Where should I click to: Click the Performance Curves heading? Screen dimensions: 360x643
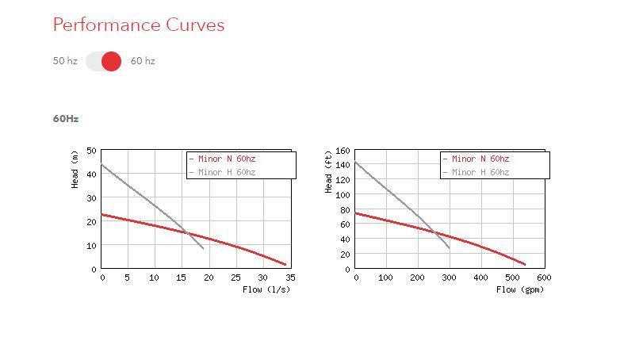[138, 25]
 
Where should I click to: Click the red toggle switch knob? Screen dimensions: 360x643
[112, 61]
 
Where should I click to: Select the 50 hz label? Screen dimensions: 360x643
[65, 61]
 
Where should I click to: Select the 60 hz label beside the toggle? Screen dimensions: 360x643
[143, 61]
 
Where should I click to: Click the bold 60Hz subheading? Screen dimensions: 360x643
[66, 119]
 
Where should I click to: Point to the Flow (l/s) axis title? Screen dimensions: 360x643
[266, 289]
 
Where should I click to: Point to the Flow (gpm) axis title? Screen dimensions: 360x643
[520, 289]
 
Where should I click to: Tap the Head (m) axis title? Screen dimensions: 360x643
[75, 169]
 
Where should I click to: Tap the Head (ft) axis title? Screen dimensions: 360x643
[329, 172]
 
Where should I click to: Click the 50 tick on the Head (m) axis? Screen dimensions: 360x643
[92, 151]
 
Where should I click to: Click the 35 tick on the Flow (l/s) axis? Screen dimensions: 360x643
[290, 278]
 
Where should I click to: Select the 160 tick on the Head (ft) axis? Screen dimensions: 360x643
[343, 151]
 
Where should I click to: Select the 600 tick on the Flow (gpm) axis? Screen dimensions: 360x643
[544, 278]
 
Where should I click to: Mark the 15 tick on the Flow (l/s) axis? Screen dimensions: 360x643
[182, 278]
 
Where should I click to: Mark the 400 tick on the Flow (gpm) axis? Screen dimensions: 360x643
[480, 278]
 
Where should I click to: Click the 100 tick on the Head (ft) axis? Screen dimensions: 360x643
[343, 195]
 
